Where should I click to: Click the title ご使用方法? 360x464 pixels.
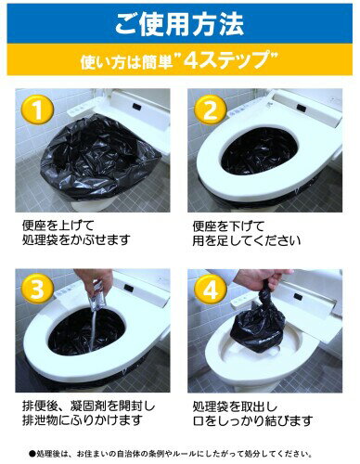pos(179,23)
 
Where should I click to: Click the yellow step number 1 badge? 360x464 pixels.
pos(37,110)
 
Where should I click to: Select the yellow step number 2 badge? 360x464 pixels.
pos(211,110)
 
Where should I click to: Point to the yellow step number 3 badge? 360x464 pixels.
pos(37,290)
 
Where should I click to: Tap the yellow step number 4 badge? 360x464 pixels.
pos(211,290)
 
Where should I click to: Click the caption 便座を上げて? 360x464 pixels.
pos(58,226)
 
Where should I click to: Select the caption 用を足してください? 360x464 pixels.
pos(247,240)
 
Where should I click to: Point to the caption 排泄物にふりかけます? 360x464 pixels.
pos(83,420)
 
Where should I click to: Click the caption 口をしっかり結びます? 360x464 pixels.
pos(252,420)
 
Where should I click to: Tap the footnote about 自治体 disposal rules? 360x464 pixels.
pos(171,454)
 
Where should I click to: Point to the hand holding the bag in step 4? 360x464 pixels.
pos(262,278)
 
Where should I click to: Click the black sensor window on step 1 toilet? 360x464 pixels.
pos(137,107)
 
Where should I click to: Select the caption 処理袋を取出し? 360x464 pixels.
pos(235,406)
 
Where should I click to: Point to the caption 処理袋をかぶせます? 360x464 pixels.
pos(76,239)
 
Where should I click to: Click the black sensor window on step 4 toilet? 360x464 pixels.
pos(298,296)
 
